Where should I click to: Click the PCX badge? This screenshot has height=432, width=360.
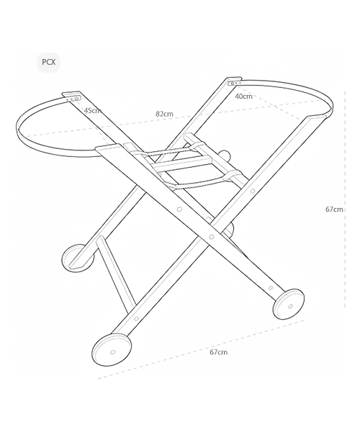pos(48,62)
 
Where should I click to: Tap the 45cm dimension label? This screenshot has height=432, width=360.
pos(93,110)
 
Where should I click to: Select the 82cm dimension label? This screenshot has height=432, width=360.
pos(164,114)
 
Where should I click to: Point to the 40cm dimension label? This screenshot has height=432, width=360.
pos(243,96)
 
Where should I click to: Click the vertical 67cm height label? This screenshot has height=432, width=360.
pos(334,210)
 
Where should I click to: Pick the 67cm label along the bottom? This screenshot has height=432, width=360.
pos(219,352)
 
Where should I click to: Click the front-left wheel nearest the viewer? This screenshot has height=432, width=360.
pos(112,350)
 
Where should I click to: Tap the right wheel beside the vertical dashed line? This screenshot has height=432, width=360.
pos(289,304)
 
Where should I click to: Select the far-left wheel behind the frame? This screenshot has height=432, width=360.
pos(78,258)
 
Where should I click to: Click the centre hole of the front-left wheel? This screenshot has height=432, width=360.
pos(112,352)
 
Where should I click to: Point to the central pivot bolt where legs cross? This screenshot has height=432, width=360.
pos(212,237)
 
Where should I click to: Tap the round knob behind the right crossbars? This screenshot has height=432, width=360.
pos(225,155)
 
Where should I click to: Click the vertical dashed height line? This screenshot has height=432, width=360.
pos(345,199)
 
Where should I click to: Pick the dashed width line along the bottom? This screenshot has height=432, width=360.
pos(201,349)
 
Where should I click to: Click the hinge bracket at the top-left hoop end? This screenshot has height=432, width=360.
pos(72,96)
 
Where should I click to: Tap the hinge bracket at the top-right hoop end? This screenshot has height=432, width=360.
pos(235,81)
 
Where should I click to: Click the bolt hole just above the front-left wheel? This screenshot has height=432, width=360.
pos(136,319)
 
